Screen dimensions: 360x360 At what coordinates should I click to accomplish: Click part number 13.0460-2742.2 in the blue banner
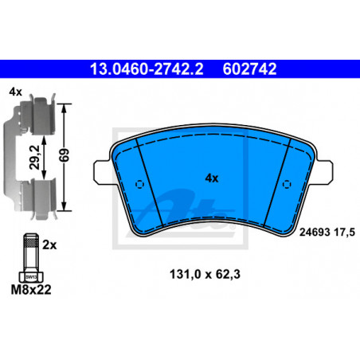(x=147, y=69)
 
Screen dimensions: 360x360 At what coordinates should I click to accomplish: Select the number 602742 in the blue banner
(x=249, y=69)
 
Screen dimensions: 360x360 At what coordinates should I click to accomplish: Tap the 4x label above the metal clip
(x=15, y=92)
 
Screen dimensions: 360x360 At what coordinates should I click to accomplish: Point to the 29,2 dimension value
(x=35, y=157)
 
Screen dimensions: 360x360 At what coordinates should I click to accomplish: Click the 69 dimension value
(x=64, y=155)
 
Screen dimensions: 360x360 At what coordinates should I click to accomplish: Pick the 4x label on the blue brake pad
(x=212, y=178)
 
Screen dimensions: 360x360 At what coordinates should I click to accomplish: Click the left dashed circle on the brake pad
(x=139, y=184)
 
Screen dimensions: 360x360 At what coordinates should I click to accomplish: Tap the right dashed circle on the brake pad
(x=287, y=184)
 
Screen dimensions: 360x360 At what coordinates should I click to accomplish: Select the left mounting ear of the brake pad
(x=102, y=172)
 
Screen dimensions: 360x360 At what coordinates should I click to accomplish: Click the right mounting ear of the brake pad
(x=324, y=172)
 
